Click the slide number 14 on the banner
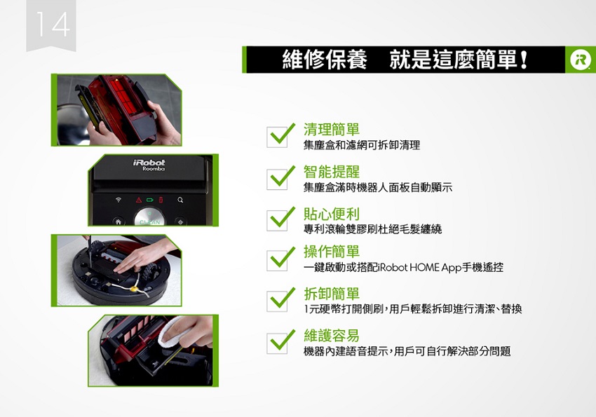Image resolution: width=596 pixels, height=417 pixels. coord(53,25)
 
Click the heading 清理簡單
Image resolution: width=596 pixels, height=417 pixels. coord(332,130)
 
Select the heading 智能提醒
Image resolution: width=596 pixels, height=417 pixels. coord(332,172)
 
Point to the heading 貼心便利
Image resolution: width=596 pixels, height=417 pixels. coord(332,214)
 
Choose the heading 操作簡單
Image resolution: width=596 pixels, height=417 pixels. coord(332,252)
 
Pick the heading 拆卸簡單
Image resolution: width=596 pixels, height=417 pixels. coord(332,294)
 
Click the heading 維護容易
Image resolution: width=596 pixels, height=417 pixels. coord(332,335)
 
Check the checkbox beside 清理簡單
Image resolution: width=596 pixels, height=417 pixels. coord(277,137)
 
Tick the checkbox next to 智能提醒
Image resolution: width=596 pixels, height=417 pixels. coord(277,179)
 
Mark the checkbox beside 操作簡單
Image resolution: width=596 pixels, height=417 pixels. coord(277,261)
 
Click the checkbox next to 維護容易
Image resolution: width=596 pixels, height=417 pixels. coord(277,343)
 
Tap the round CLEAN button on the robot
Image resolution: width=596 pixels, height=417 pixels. coord(149,218)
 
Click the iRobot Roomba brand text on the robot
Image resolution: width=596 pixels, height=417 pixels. coord(149,165)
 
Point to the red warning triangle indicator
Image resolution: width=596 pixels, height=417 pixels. coord(139,200)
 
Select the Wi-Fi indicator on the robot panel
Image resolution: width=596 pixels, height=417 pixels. coord(118,199)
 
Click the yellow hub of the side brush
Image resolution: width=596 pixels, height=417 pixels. coord(134,289)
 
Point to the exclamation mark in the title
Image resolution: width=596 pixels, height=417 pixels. coord(524,60)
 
